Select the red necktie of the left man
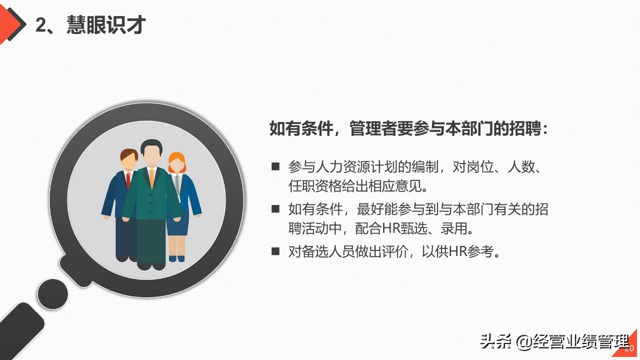point(128,179)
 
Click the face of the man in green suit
point(151,156)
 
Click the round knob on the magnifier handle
point(52,294)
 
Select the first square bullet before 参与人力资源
point(275,167)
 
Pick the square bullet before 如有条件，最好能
point(275,209)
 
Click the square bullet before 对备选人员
point(275,251)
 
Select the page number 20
point(629,348)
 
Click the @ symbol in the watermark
point(525,342)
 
